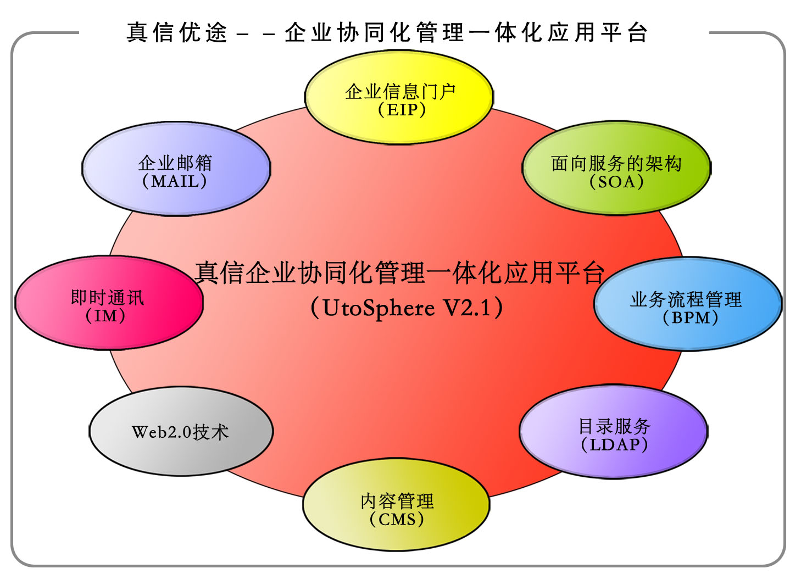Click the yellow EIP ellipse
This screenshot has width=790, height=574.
[x=399, y=97]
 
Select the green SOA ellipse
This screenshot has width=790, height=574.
[x=616, y=168]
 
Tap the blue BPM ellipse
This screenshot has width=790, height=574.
[x=688, y=304]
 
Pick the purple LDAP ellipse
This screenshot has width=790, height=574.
[x=613, y=432]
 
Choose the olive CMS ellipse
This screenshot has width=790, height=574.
[x=396, y=505]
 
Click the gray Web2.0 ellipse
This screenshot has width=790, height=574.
[x=181, y=431]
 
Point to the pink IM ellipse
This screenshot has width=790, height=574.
[x=109, y=303]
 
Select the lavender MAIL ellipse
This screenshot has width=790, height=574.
[x=176, y=169]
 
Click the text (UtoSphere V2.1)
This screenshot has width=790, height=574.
[x=407, y=308]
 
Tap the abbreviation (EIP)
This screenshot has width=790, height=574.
[x=402, y=110]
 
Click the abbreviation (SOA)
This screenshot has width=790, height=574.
[x=616, y=182]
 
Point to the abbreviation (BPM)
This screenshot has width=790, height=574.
[x=690, y=317]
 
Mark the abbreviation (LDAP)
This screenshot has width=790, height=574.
[x=614, y=444]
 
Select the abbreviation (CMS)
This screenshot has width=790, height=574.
[x=397, y=519]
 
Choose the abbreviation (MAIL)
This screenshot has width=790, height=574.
[x=174, y=181]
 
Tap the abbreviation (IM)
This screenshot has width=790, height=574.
[x=105, y=315]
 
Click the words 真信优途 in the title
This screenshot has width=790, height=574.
[x=177, y=32]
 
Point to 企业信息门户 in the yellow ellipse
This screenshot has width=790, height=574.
[x=400, y=92]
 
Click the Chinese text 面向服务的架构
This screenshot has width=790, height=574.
[x=616, y=164]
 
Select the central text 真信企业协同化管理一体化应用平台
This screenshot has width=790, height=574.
[x=399, y=272]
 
